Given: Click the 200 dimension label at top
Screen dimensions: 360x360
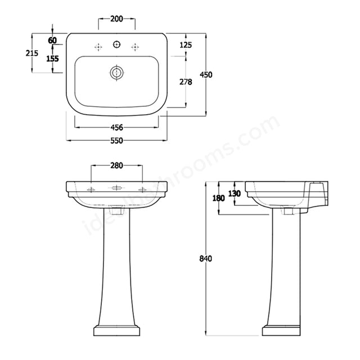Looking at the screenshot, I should click(x=116, y=19).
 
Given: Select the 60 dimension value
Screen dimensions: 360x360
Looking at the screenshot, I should click(x=52, y=40).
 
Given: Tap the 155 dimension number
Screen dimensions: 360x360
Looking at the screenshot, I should click(x=52, y=58).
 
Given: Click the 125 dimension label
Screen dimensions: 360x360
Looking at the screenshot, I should click(x=186, y=44).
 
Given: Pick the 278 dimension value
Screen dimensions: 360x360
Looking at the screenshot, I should click(x=186, y=82).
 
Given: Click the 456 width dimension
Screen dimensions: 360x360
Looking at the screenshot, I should click(x=116, y=128).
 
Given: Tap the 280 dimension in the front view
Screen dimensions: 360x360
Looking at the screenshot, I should click(x=116, y=165).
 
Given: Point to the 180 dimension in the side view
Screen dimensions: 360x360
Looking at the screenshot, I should click(x=219, y=198).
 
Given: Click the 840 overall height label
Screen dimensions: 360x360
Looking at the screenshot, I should click(x=205, y=259).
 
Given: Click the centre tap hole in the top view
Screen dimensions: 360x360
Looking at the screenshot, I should click(x=117, y=44).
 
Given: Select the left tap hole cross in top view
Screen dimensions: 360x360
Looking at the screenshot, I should click(x=99, y=45).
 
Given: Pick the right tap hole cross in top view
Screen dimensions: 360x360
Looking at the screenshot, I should click(x=135, y=45).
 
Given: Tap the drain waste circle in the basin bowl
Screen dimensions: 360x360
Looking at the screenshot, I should click(x=117, y=73).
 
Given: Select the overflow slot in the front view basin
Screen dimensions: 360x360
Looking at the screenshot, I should click(x=117, y=188).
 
